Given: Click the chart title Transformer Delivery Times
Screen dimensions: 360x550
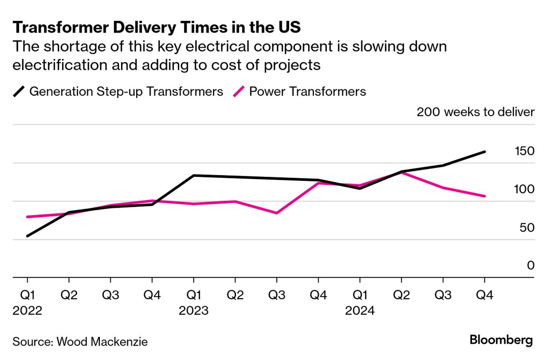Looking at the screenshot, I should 157,28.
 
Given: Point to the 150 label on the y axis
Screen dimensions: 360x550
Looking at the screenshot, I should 524,151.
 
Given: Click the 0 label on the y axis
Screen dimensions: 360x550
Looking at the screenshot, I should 530,265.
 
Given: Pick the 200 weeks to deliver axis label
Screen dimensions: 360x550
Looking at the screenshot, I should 475,112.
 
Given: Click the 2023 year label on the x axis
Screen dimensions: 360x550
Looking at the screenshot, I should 194,311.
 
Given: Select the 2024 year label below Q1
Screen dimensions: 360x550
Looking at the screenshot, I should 360,311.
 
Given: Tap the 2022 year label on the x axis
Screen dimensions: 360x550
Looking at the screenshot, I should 27,311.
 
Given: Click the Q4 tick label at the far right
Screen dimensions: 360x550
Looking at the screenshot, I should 485,296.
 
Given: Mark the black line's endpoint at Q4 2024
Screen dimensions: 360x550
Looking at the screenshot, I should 485,152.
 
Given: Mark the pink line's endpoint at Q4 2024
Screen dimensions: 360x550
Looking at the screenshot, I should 485,196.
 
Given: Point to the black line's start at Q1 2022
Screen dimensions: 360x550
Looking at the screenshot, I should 27,236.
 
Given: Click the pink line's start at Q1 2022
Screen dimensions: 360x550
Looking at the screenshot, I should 27,217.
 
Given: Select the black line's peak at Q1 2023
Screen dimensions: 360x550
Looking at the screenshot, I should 194,175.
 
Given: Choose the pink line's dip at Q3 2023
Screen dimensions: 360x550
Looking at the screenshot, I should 277,213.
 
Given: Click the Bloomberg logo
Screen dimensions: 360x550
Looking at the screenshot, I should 501,341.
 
